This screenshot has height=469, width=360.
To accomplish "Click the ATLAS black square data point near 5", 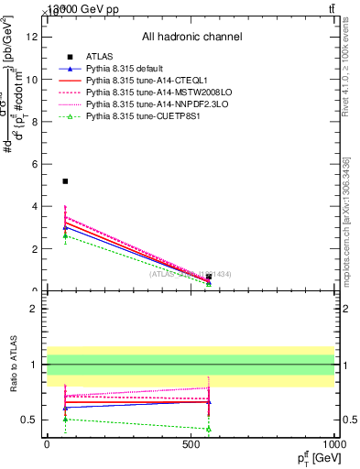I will point(65,181).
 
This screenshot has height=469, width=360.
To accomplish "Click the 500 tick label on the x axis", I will point(191,443).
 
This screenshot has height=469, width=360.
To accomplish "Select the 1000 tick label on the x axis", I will point(333,443).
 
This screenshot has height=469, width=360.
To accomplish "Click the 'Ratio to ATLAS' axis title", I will point(12,365).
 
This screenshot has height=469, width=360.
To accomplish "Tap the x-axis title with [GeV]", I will point(316,457).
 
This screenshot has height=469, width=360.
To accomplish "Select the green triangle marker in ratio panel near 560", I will point(209,429).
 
